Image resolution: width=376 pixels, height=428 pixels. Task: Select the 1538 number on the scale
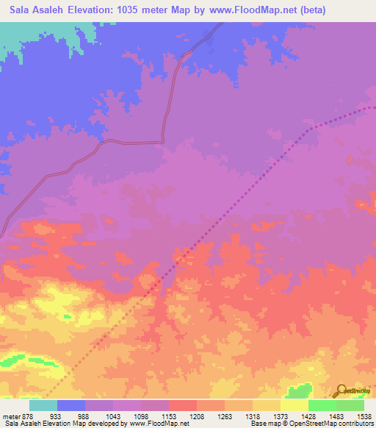(364, 415)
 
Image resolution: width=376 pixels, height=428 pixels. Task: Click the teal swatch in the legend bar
(43, 405)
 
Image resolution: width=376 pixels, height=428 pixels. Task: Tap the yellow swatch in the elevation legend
(294, 405)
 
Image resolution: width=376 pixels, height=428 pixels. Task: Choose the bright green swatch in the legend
(322, 405)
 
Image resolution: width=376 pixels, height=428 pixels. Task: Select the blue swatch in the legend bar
(71, 405)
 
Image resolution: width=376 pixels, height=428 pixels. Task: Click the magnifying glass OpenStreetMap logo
(340, 390)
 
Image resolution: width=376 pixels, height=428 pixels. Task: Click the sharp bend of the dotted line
(308, 129)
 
